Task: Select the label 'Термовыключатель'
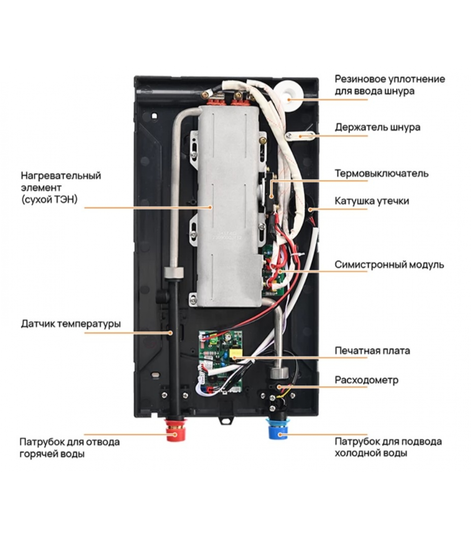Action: click(x=381, y=174)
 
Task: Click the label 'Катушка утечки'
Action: click(x=371, y=201)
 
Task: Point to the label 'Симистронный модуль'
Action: click(x=389, y=265)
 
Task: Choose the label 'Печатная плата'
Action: click(x=372, y=351)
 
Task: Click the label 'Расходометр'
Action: click(x=366, y=380)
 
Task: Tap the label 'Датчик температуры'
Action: click(x=71, y=324)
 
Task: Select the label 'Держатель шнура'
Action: click(x=377, y=127)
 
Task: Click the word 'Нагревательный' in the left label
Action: click(x=61, y=176)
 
